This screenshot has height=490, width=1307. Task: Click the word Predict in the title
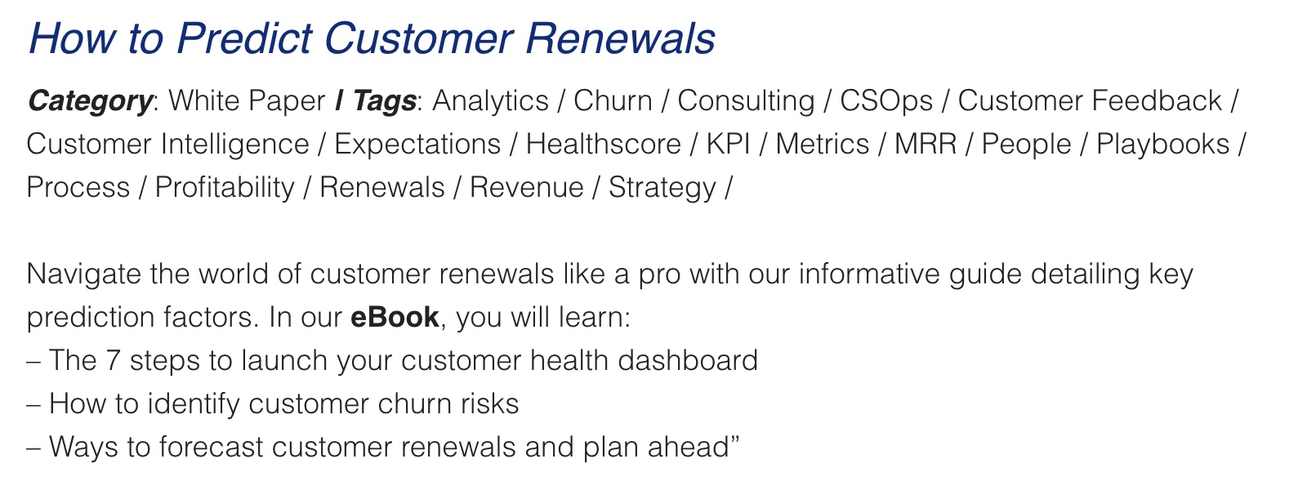click(x=244, y=38)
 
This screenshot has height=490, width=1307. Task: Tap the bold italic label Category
click(x=91, y=101)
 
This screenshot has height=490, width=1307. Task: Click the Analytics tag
click(x=491, y=101)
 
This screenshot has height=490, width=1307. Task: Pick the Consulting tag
click(x=746, y=101)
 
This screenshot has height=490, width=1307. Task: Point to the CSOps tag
click(x=886, y=101)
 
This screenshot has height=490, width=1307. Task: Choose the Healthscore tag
click(x=604, y=144)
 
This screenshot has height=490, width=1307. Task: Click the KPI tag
click(x=728, y=144)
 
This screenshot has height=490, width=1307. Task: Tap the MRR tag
click(x=926, y=144)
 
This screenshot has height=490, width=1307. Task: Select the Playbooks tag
click(x=1163, y=145)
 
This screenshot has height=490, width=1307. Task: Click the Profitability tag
click(x=225, y=188)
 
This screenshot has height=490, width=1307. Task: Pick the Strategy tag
click(x=662, y=188)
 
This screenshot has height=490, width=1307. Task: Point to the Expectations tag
click(x=417, y=145)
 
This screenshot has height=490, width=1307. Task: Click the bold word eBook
click(x=395, y=318)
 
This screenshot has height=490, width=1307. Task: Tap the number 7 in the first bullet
click(x=113, y=360)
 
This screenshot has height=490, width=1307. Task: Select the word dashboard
click(x=688, y=360)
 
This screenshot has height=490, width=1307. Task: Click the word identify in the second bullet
click(x=193, y=403)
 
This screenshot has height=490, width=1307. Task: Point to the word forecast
click(x=211, y=447)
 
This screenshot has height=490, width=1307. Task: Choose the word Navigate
click(x=83, y=274)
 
